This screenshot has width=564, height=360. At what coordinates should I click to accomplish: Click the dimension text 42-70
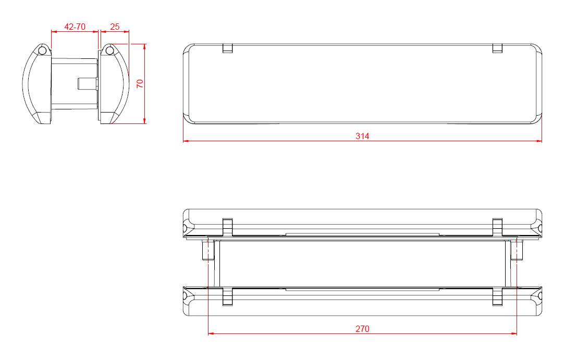coord(75,27)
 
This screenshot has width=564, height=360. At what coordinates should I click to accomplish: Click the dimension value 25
coord(115,27)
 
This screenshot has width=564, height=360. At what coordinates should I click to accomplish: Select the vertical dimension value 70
coord(140,84)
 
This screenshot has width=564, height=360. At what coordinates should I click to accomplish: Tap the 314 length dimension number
coord(362,136)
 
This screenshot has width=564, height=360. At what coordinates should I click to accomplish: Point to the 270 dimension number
coord(362,329)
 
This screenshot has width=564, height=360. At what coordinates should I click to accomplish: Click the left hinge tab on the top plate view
coord(227,48)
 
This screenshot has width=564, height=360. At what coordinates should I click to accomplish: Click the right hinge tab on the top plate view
coord(497,48)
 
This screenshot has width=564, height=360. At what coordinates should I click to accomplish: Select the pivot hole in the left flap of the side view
coord(42,51)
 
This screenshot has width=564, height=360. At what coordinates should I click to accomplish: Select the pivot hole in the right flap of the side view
coord(109,51)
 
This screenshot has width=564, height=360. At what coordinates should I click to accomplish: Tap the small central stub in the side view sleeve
coord(87,83)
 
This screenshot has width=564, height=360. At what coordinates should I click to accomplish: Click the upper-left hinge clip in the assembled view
coord(227,227)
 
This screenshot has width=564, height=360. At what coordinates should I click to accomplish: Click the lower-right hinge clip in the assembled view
coord(497,296)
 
